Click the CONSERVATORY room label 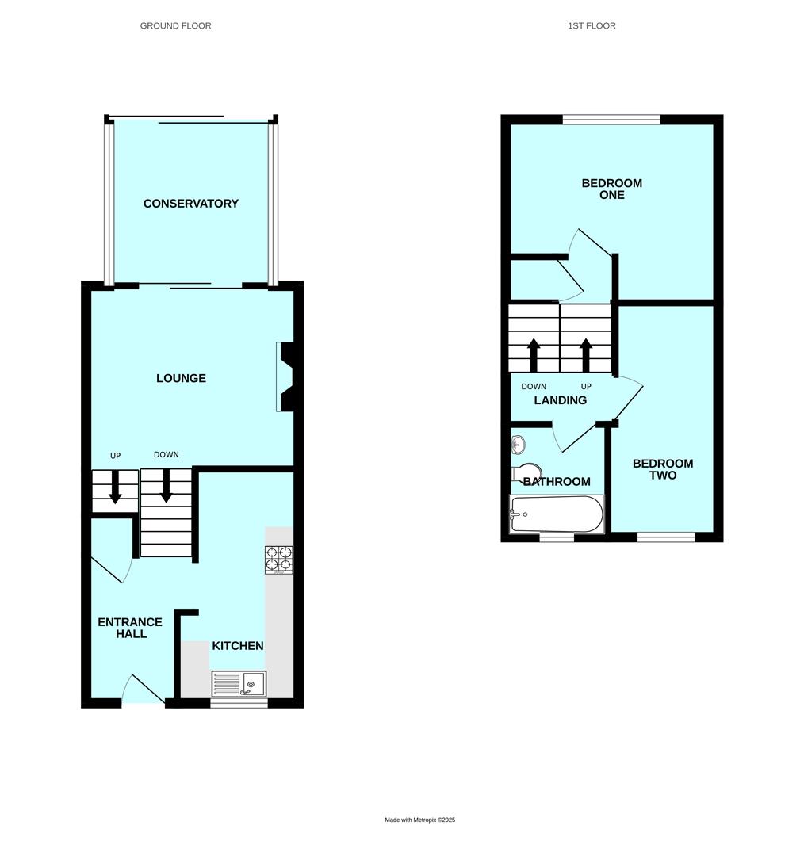coord(190,204)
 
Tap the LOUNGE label coord(181,378)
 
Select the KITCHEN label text coord(237,646)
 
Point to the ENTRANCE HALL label coord(130,628)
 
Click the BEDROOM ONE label coord(612,189)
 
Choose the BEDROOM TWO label coord(663,469)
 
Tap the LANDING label coord(560,400)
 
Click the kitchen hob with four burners coord(279,560)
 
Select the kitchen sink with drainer coord(239,682)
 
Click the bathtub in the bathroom coord(557,514)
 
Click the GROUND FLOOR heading coord(175,25)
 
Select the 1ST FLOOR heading coord(592,25)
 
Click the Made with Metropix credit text coord(420,820)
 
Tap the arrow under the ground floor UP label coord(115,487)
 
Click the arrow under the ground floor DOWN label coord(167,487)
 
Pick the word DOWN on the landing coord(534,387)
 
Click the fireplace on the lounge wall coord(285,376)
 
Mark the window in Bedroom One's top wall coord(611,120)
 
